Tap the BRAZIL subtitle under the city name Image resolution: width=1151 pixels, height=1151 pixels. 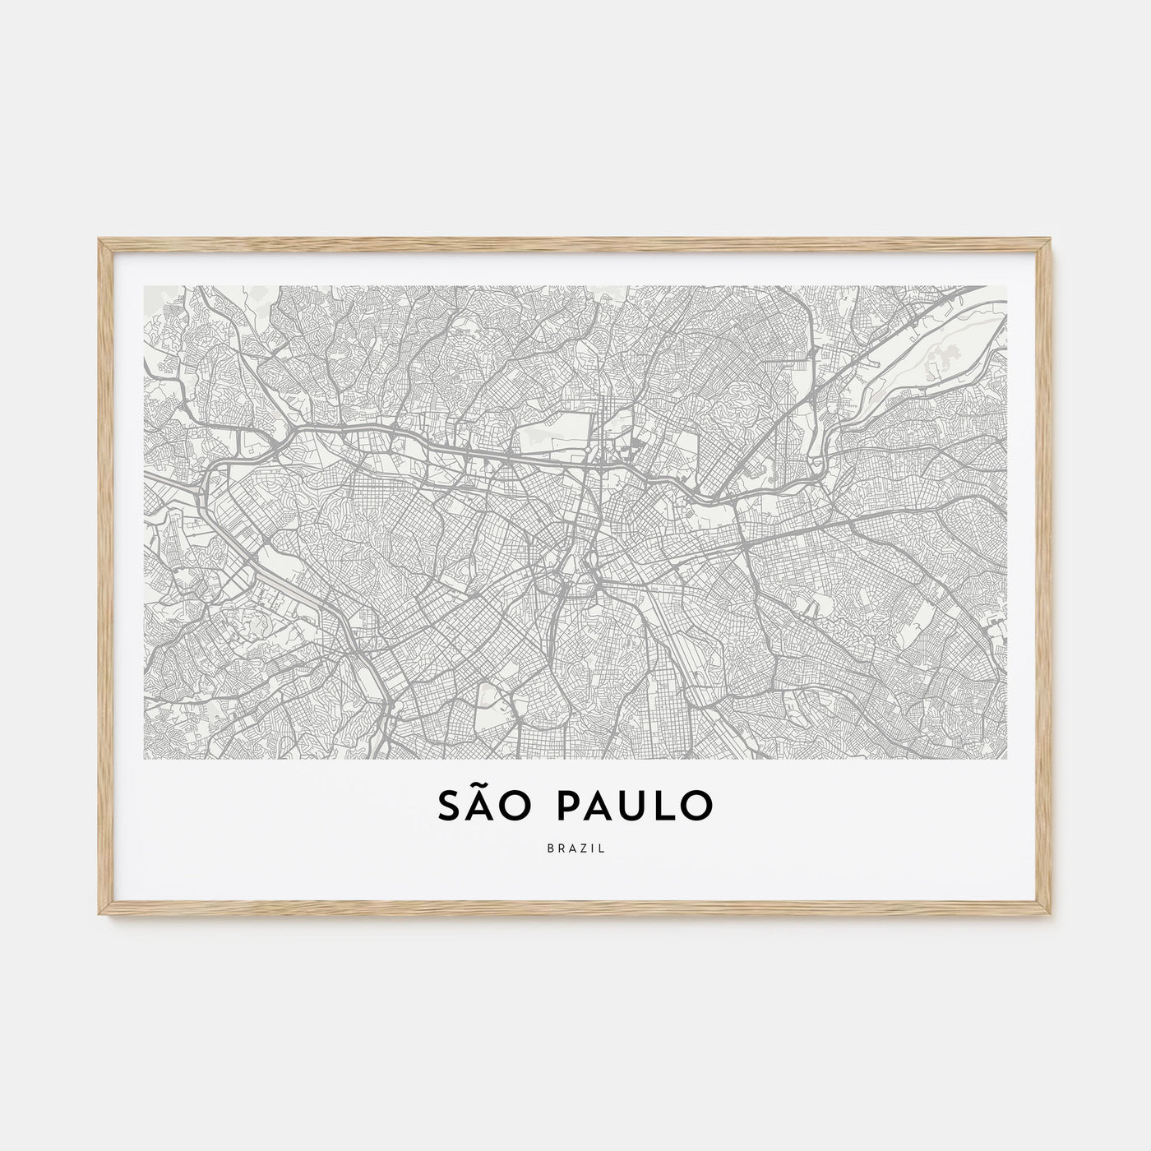[x=575, y=848]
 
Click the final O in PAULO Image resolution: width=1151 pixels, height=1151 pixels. [x=697, y=806]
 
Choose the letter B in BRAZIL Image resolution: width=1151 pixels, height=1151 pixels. [x=548, y=848]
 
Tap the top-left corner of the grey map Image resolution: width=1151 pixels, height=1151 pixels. [x=145, y=287]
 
